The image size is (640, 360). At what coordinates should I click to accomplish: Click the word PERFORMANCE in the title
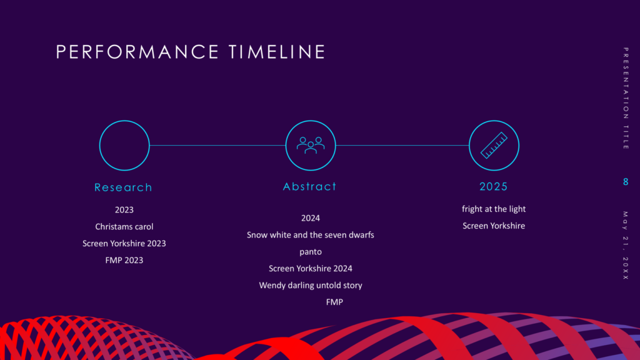[137, 52]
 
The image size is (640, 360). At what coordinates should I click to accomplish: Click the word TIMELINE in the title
[277, 52]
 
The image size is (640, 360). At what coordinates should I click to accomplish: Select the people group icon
[311, 145]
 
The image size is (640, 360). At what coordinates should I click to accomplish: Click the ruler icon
[494, 145]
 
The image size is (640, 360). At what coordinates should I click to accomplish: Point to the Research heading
[123, 187]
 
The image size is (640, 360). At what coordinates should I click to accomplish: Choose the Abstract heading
[310, 186]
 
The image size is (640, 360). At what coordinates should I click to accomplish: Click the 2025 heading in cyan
[494, 186]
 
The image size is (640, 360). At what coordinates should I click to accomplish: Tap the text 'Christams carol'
[124, 226]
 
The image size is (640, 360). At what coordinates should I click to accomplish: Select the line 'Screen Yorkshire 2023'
[124, 243]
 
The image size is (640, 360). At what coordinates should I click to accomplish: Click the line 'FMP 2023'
[124, 260]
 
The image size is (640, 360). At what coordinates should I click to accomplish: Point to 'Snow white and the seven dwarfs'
[310, 235]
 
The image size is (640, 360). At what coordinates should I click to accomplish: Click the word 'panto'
[311, 252]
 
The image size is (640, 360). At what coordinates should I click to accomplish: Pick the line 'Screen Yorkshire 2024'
[310, 269]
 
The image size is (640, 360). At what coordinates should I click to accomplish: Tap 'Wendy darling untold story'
[311, 285]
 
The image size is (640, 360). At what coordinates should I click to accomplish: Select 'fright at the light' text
[494, 209]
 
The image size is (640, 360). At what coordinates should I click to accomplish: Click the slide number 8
[626, 182]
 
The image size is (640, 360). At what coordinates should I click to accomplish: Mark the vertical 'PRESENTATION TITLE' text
[626, 98]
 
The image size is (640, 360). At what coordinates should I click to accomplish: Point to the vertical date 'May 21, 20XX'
[626, 246]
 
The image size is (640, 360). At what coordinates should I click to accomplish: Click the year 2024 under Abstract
[311, 218]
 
